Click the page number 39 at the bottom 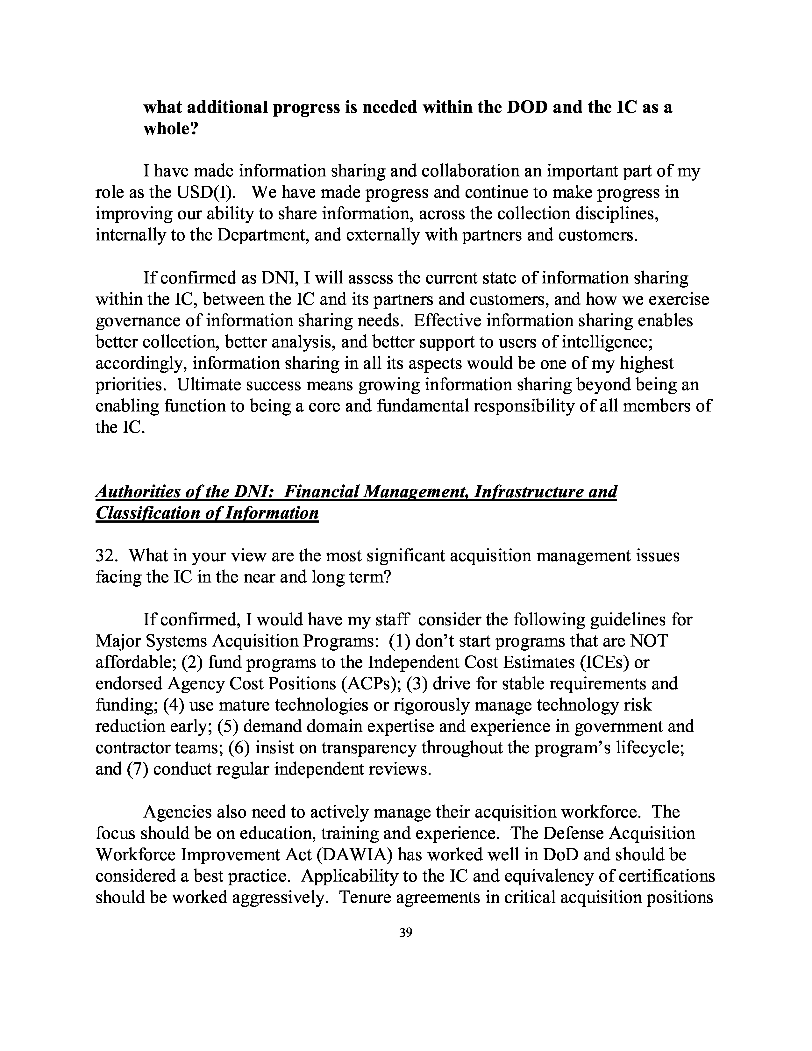(x=405, y=933)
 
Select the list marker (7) (x=137, y=769)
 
